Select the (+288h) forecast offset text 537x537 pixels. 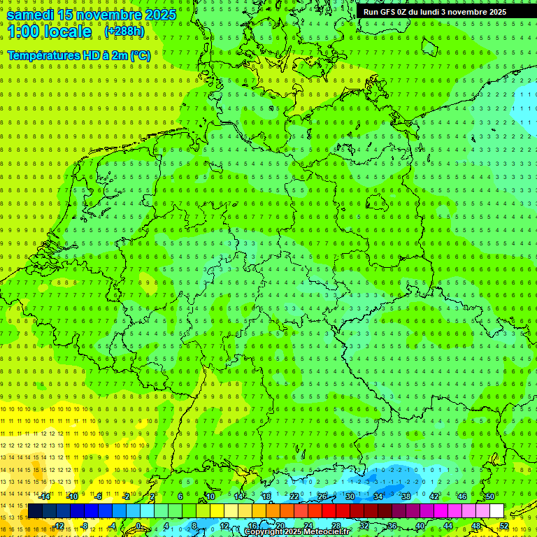click(124, 31)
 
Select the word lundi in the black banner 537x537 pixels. click(438, 12)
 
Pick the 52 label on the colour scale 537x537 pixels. click(504, 526)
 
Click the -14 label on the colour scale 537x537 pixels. click(45, 496)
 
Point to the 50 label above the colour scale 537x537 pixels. click(490, 496)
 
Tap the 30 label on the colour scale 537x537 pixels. click(350, 496)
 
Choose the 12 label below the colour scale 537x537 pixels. click(224, 526)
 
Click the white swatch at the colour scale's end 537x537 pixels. click(496, 511)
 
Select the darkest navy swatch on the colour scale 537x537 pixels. click(35, 511)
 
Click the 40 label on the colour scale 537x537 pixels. click(420, 526)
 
